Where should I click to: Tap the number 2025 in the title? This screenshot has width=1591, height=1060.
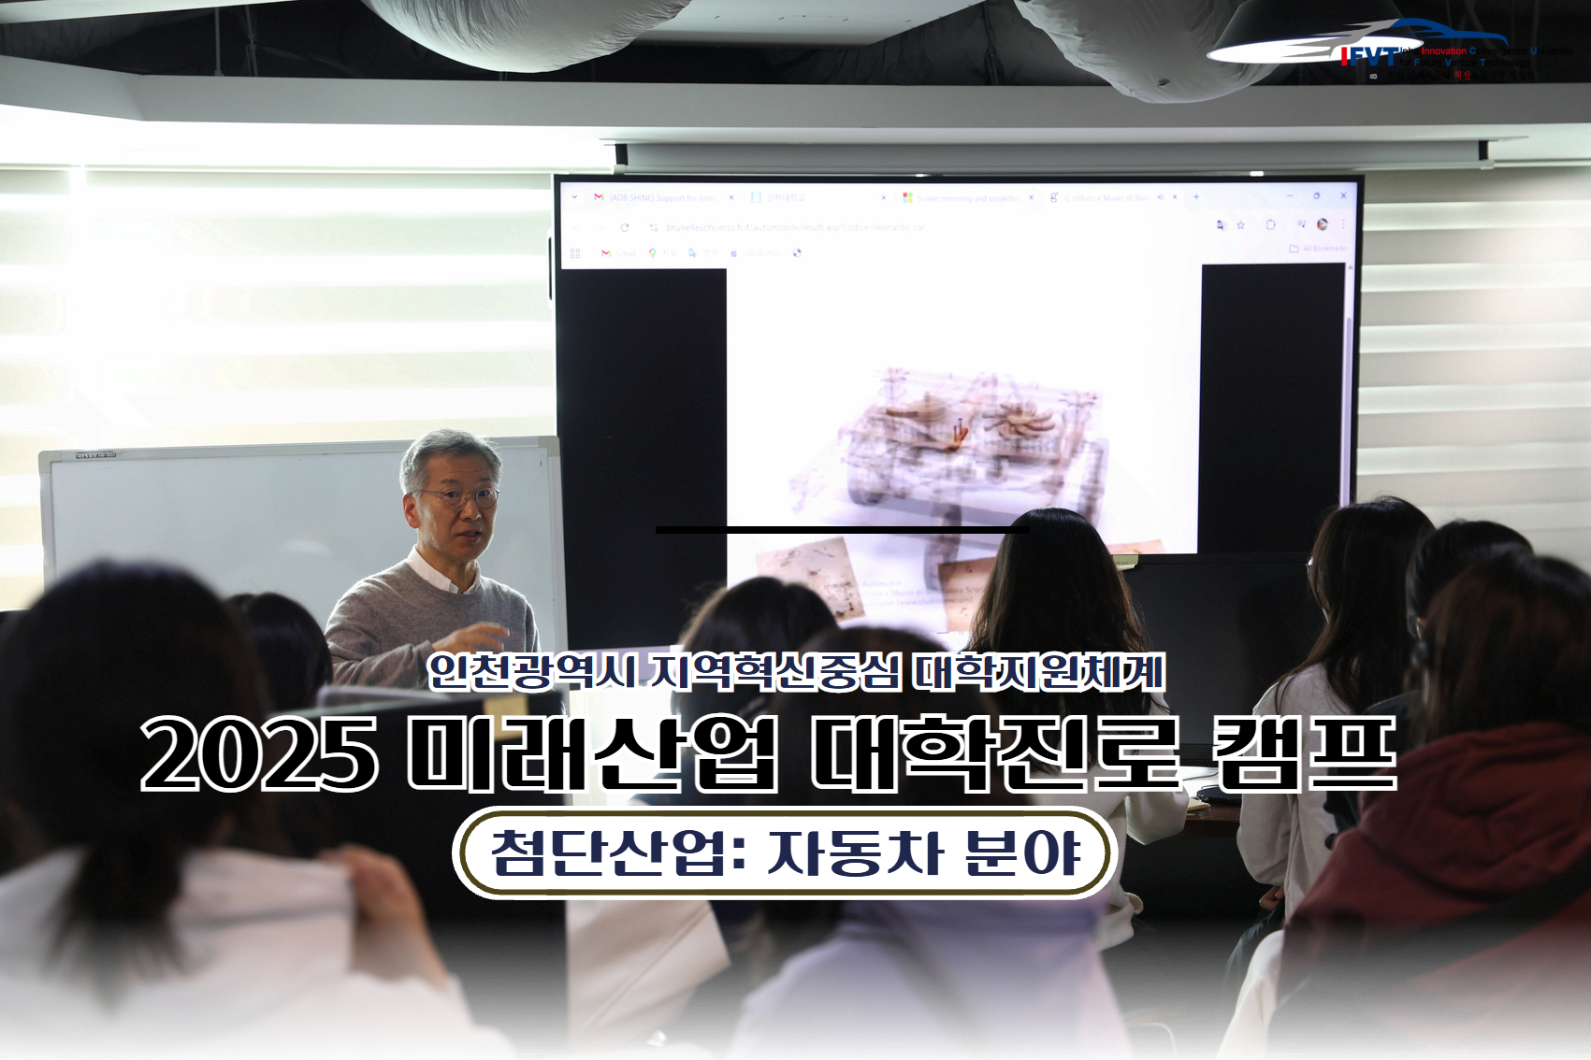pos(260,753)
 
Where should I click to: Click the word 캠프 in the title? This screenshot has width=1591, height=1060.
pos(1303,753)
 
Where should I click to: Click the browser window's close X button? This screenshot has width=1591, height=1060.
pos(1343,196)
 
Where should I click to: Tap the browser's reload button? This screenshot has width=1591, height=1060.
pos(625,227)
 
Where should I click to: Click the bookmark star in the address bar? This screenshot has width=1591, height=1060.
pos(1241,225)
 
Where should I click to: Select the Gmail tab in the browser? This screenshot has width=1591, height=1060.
pos(659,198)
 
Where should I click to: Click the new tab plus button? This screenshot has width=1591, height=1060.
pos(1195,197)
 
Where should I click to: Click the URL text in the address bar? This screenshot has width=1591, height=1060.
pos(795,227)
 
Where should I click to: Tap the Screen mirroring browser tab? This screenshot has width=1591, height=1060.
pos(963,198)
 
